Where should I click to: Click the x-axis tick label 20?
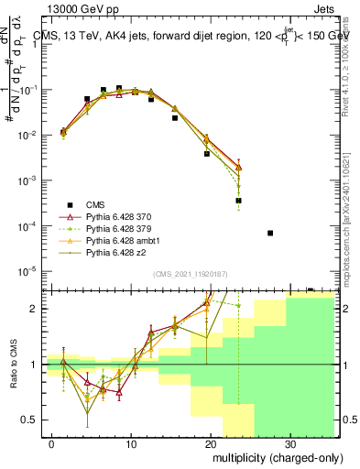click(210, 442)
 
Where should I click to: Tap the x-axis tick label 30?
click(289, 442)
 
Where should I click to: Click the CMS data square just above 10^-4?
click(238, 200)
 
